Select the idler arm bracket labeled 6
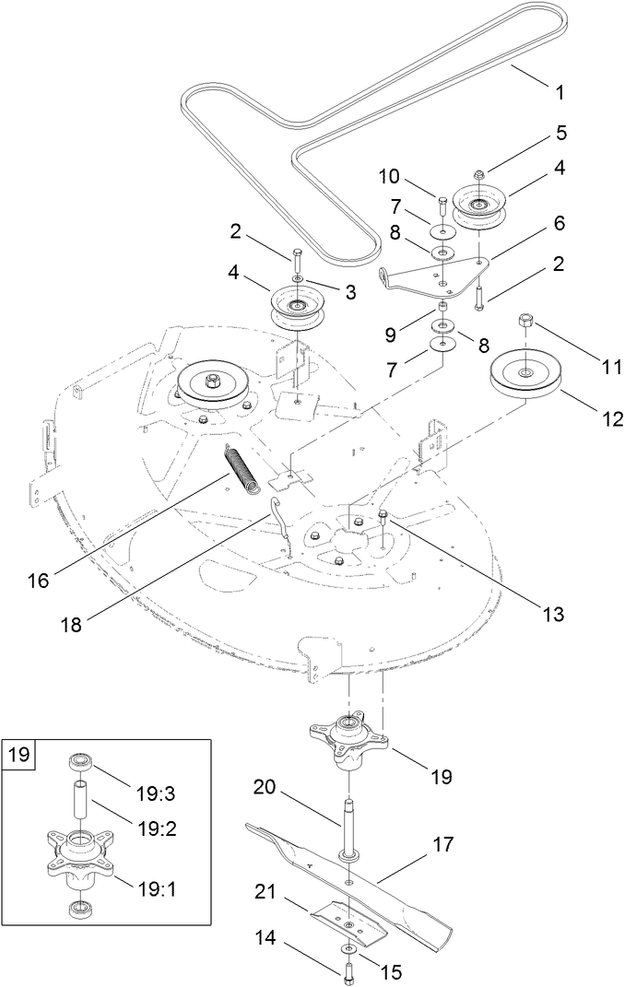[433, 274]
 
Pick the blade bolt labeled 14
[351, 969]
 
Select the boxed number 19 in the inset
[19, 756]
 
